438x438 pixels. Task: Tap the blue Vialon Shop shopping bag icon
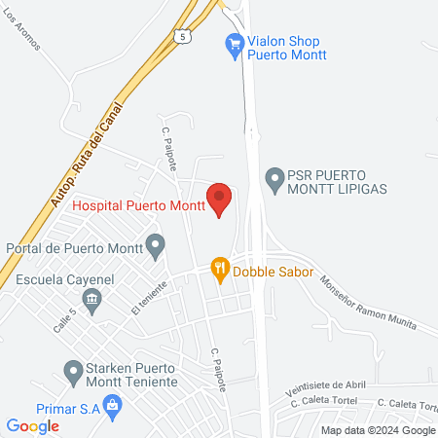[234, 42]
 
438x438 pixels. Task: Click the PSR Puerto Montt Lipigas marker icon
[275, 178]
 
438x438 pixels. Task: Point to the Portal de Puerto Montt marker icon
[155, 245]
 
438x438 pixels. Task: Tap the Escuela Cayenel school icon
[92, 300]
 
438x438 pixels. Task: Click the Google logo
[33, 425]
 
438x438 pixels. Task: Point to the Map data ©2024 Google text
[379, 430]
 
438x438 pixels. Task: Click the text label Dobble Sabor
[273, 272]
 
